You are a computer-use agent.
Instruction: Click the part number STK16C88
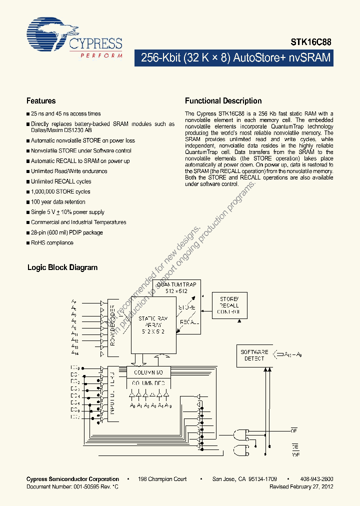(310, 43)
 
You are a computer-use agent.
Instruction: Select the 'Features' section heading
(41, 101)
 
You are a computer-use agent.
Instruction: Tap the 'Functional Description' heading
(223, 101)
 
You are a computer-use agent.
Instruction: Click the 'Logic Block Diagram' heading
(62, 267)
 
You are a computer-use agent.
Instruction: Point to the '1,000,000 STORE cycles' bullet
(60, 191)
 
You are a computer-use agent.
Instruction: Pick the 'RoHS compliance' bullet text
(52, 242)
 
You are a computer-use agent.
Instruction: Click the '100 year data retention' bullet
(58, 202)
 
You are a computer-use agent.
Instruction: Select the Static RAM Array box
(153, 325)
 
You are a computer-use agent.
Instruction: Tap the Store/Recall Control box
(229, 305)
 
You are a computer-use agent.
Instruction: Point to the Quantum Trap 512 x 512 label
(176, 287)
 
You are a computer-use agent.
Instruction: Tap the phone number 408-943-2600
(317, 479)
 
